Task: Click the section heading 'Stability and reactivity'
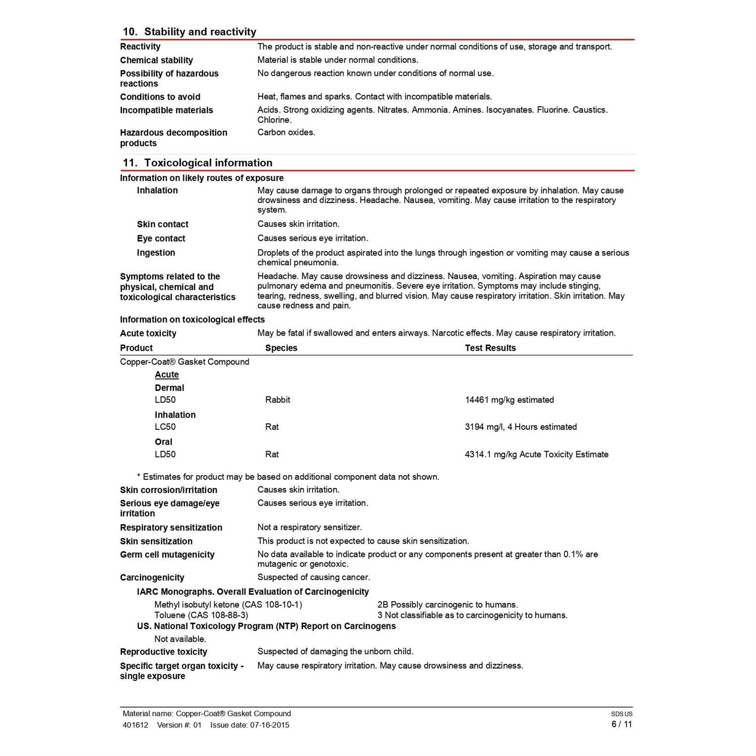(200, 32)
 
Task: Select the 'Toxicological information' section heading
(208, 163)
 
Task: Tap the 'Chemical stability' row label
(156, 60)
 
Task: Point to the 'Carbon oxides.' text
(286, 133)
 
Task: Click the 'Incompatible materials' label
(166, 110)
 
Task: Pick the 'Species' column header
(281, 348)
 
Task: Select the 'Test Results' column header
(490, 348)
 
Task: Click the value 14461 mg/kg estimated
(509, 400)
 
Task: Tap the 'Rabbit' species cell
(278, 400)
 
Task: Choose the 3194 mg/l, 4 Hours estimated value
(521, 427)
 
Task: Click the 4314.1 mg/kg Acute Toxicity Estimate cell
(536, 455)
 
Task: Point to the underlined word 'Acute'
(167, 375)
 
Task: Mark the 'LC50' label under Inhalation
(165, 427)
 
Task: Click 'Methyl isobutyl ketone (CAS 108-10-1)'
(228, 605)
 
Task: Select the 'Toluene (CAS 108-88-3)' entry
(201, 615)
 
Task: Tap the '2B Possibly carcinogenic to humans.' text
(448, 605)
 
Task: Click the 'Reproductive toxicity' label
(163, 652)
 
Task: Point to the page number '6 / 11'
(621, 725)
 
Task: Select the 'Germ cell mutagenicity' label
(167, 555)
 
